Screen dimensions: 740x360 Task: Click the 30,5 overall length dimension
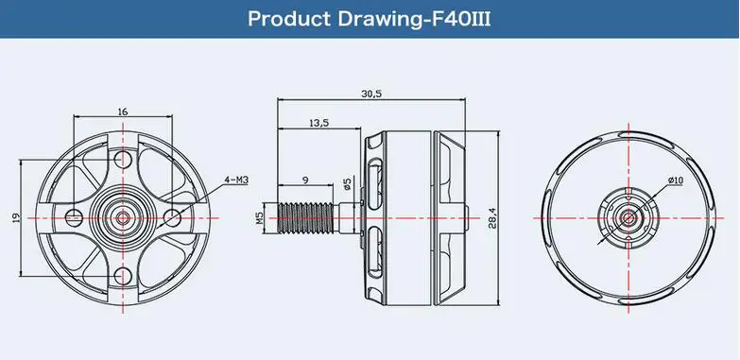click(371, 94)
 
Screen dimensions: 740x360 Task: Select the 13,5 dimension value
click(319, 123)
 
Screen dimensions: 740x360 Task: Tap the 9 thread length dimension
click(305, 180)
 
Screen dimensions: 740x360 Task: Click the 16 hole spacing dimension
click(123, 111)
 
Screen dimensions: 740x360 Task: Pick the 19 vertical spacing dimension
click(16, 218)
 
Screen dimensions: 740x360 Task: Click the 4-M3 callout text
click(236, 180)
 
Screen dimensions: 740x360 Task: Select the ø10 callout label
click(676, 180)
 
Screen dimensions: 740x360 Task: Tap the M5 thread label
click(260, 218)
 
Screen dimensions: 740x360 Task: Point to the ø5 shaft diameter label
click(348, 184)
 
